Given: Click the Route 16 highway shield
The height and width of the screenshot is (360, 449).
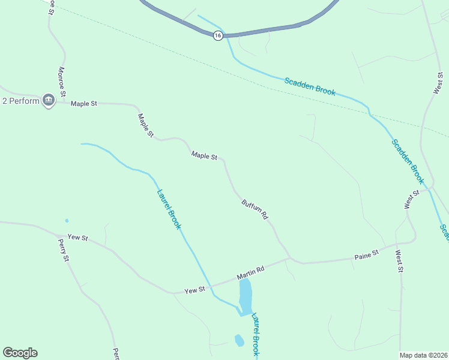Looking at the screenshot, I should [x=217, y=36].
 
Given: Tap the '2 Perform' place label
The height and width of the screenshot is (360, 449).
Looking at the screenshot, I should [x=21, y=100].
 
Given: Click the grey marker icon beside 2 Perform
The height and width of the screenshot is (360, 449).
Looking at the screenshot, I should [x=49, y=100].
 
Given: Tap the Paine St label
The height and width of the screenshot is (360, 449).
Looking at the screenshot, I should [x=367, y=254].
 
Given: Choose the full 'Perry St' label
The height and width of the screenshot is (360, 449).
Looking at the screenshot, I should [x=64, y=250].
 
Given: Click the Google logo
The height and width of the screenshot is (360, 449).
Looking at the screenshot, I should [x=20, y=353].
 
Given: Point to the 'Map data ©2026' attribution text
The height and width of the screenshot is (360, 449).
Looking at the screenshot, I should [x=424, y=355].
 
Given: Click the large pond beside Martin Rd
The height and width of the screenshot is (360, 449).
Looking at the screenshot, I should [x=246, y=296].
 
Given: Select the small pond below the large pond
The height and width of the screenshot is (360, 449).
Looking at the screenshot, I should [x=239, y=340].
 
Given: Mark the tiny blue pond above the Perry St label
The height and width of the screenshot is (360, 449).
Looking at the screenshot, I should [x=67, y=221].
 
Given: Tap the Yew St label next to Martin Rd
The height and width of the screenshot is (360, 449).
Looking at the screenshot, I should [x=194, y=290].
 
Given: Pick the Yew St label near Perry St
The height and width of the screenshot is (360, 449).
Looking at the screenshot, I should [x=78, y=238].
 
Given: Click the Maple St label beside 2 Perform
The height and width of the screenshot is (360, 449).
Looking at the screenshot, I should [x=83, y=104].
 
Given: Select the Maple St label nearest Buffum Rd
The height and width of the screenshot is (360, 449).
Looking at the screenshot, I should [x=204, y=156].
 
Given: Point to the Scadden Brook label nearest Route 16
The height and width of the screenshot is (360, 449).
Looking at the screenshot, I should [x=310, y=86].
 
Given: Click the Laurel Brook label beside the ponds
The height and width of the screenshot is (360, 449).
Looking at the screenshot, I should [x=256, y=335].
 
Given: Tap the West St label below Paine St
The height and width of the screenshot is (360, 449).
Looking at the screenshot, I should [x=399, y=261].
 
